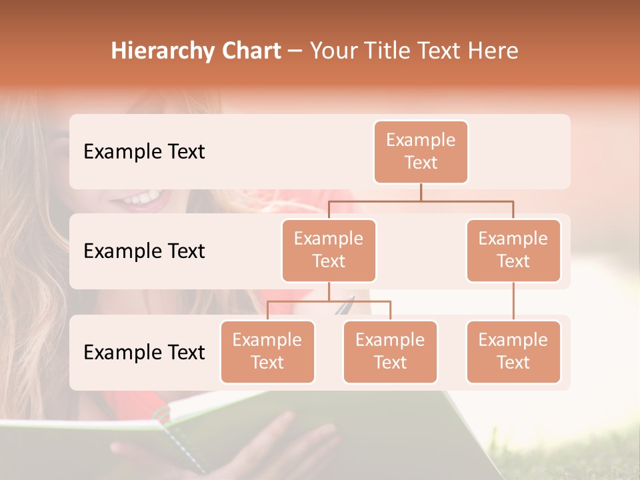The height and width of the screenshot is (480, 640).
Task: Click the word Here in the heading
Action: point(493,51)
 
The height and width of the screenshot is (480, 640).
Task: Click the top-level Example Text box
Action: point(421,152)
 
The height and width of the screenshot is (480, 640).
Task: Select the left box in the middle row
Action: point(329,251)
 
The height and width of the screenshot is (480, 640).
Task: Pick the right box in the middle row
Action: point(513,251)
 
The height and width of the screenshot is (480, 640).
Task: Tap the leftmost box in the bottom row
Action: point(267,352)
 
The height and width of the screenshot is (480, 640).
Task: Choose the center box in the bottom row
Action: point(390,352)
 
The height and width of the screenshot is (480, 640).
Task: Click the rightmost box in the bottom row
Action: point(513,352)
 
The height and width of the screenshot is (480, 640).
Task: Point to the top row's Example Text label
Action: point(144,152)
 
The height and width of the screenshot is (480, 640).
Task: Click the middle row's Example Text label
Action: point(144,251)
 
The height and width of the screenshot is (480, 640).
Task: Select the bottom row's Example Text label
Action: point(144,353)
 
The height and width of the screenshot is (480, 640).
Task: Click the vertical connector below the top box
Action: point(421,192)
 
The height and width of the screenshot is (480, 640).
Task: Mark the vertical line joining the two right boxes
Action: point(513,301)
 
